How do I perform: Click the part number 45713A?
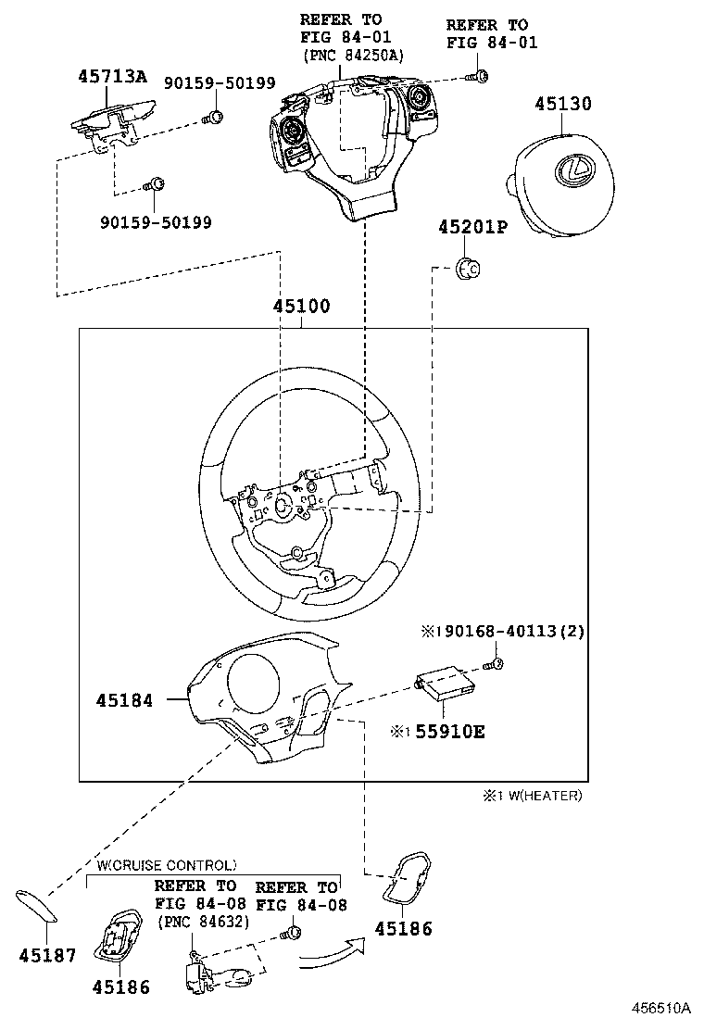pyautogui.click(x=111, y=77)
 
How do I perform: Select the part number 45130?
pyautogui.click(x=562, y=104)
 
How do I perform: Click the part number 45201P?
pyautogui.click(x=472, y=226)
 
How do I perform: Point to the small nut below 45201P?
pyautogui.click(x=468, y=269)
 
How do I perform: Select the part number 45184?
pyautogui.click(x=123, y=701)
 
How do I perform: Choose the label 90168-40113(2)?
pyautogui.click(x=509, y=632)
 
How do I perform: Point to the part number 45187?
pyautogui.click(x=46, y=955)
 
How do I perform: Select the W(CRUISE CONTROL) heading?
pyautogui.click(x=167, y=865)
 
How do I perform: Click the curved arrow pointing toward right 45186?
pyautogui.click(x=330, y=955)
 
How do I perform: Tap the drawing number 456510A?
pyautogui.click(x=662, y=1009)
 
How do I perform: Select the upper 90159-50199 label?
pyautogui.click(x=220, y=82)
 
